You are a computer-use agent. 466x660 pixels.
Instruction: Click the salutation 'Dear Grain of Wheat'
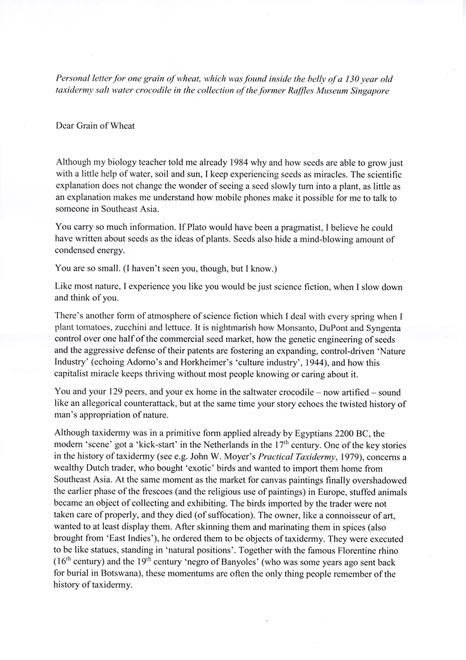pyautogui.click(x=94, y=126)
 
